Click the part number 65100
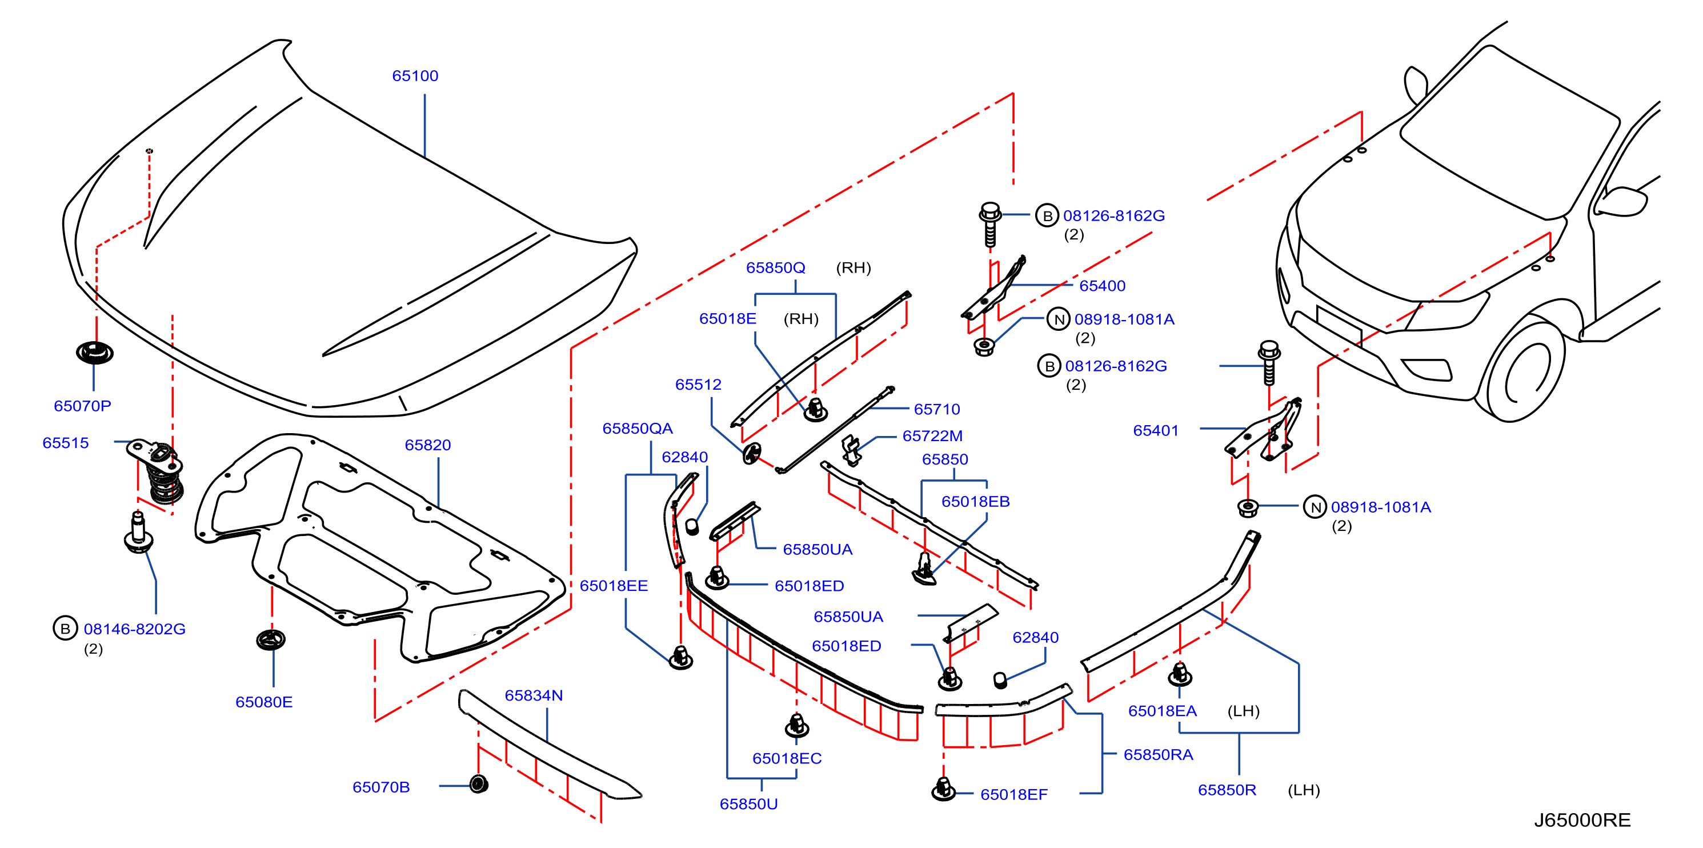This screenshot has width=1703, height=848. (415, 75)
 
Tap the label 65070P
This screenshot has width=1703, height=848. (83, 406)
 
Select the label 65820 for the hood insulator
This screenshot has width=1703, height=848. (428, 445)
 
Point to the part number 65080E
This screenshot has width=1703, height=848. (264, 702)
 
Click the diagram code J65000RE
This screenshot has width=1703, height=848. (1582, 820)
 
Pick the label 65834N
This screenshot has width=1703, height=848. (534, 695)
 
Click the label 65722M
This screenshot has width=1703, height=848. (932, 436)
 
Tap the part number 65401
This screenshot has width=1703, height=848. (1156, 431)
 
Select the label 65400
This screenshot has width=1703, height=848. (1102, 286)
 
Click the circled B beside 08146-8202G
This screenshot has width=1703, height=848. (65, 629)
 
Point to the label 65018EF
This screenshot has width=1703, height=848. (1013, 794)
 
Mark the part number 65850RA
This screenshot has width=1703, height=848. (1158, 755)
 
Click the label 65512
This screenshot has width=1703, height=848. (698, 385)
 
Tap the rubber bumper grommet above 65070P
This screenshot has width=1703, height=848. (94, 353)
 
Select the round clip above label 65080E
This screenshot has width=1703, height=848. (271, 639)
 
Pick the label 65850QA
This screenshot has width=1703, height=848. (638, 428)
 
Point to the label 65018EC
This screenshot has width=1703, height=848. (787, 758)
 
